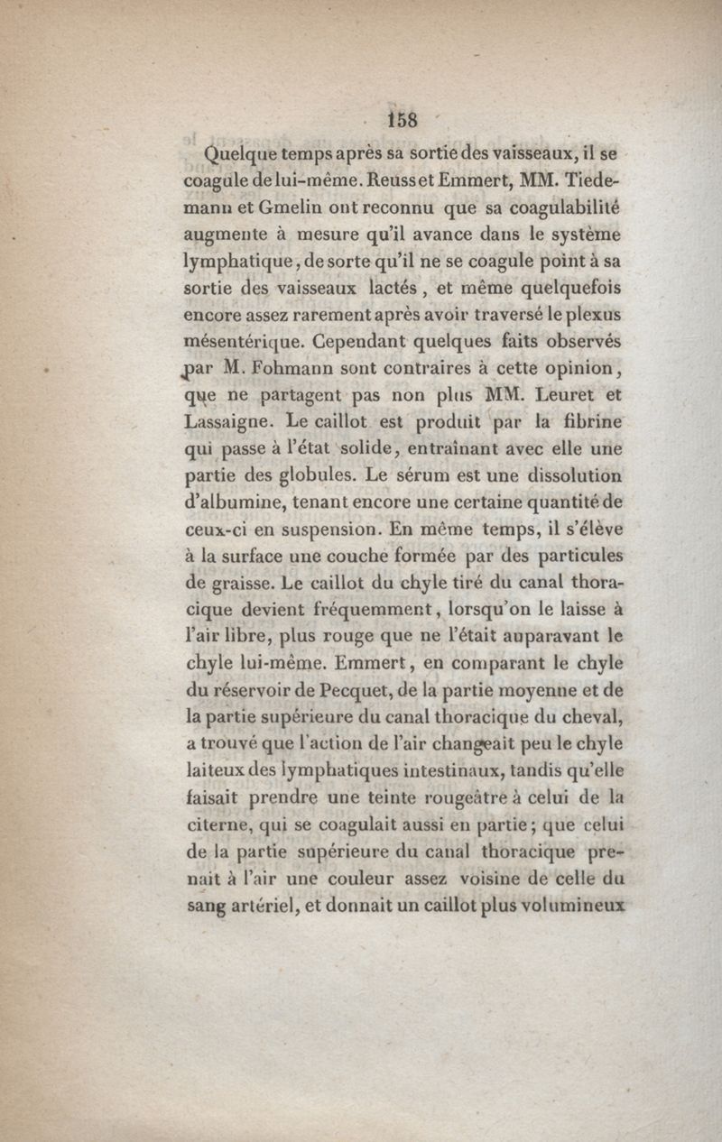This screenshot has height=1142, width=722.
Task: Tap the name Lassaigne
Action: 227,420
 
